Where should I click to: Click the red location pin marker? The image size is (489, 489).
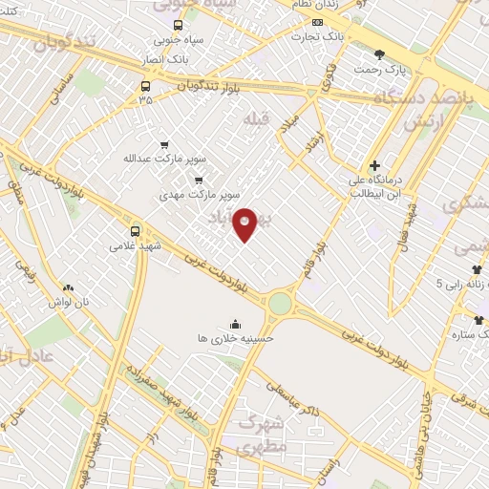point(245,223)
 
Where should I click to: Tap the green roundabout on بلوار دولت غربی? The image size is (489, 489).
point(280,304)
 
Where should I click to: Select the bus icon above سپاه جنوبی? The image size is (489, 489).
point(178,26)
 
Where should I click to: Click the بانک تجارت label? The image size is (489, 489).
point(318,36)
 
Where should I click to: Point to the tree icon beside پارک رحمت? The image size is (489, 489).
point(380,54)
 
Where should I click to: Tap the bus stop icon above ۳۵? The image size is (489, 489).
point(144,84)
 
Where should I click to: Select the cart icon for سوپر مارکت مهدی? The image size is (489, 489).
point(199,179)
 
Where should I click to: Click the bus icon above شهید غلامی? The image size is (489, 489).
point(134,230)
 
